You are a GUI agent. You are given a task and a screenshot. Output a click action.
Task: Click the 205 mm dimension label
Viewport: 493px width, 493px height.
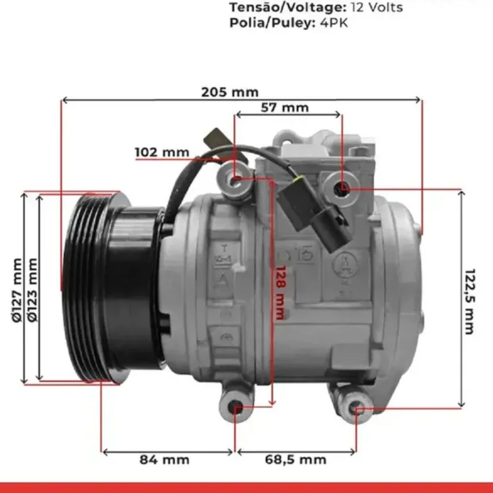(x=230, y=92)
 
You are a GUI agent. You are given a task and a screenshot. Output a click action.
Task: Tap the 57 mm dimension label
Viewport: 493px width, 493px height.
(x=285, y=107)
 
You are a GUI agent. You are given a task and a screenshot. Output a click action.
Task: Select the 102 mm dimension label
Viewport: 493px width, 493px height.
(x=162, y=152)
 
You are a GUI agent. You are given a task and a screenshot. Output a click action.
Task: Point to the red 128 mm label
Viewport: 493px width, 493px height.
(x=280, y=292)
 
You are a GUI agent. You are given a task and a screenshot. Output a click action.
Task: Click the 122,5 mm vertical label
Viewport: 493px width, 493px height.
(x=469, y=301)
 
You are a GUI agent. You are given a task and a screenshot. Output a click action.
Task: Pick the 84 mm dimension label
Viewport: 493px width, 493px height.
(x=165, y=459)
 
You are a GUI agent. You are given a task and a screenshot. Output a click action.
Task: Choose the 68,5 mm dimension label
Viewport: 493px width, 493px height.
(x=295, y=459)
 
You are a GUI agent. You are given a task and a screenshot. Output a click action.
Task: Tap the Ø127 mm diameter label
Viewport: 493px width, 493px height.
(x=17, y=290)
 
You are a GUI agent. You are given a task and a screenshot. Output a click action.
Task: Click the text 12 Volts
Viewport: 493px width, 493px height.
(x=377, y=7)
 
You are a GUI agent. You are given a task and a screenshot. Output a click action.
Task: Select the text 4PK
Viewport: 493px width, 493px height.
(x=334, y=23)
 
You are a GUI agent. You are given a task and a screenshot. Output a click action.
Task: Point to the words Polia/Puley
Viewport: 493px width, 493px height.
(x=272, y=23)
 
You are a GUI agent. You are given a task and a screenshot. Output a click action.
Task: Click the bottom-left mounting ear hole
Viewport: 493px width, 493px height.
(x=236, y=409)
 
